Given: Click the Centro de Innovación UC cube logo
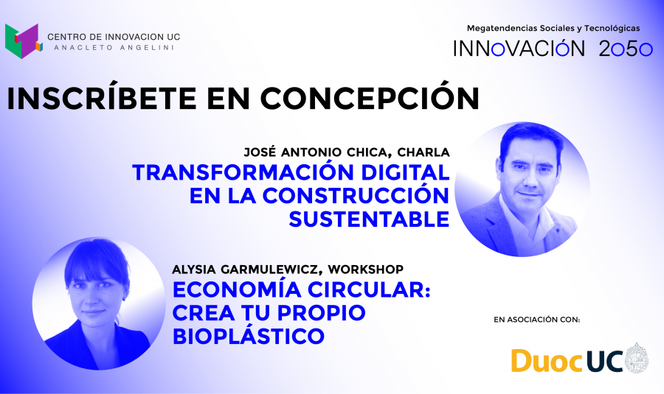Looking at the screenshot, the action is point(24,41).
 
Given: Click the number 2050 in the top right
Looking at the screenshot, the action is point(626,49).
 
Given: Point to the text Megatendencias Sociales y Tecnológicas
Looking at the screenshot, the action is point(553,28).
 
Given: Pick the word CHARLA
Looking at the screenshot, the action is point(423,152).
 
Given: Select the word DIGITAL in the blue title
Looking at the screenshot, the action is point(405,172).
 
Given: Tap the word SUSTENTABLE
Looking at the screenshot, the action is point(369,219).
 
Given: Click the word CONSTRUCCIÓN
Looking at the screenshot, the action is point(356,195).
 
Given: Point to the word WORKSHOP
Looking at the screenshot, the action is point(365,270).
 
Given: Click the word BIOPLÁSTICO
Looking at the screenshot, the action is point(249,336).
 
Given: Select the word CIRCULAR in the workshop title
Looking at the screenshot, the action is point(369,289).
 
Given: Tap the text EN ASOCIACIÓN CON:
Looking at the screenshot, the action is point(536,320).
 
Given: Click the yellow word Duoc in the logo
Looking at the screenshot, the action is point(547,361).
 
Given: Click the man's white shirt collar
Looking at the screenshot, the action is point(525,219).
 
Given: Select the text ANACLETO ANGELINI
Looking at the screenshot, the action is point(114,48).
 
